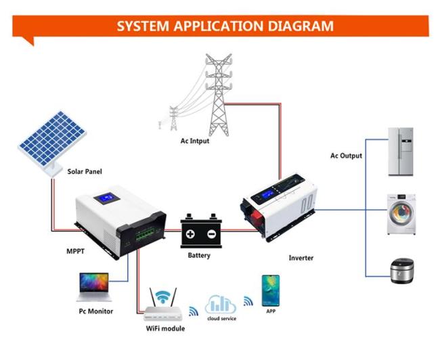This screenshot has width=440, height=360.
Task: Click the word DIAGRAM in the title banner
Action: click(x=301, y=26)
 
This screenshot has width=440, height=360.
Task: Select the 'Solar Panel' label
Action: click(x=85, y=171)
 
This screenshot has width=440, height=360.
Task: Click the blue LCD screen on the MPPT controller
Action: click(x=107, y=198)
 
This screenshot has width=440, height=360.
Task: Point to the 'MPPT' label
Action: click(x=75, y=251)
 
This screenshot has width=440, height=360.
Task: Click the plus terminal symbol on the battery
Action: click(x=190, y=233)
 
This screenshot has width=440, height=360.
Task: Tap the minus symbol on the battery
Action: click(x=211, y=233)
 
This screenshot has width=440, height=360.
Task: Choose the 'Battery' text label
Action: click(x=199, y=255)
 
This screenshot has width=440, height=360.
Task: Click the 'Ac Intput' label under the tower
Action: click(x=195, y=141)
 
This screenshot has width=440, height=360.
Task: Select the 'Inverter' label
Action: click(x=301, y=258)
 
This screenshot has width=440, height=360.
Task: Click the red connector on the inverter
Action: click(x=257, y=217)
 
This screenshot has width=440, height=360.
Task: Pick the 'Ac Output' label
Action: click(x=346, y=156)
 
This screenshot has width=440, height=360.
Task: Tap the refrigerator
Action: click(x=401, y=152)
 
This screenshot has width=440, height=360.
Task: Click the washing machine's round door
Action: click(x=401, y=214)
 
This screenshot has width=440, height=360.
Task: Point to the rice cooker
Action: click(x=402, y=271)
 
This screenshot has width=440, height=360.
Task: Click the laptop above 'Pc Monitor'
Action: click(x=94, y=287)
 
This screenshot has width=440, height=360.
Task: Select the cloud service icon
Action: click(x=221, y=304)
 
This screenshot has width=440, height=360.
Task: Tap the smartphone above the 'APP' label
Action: click(x=271, y=290)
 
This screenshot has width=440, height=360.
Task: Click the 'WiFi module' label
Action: click(x=165, y=328)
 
